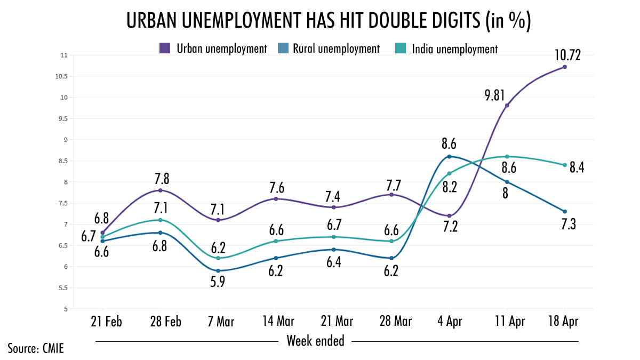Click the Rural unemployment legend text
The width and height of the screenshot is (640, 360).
tap(336, 49)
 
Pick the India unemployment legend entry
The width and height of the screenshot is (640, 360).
tap(455, 49)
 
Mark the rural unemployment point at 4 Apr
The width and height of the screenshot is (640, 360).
tap(450, 156)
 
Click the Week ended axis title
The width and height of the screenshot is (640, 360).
tap(316, 340)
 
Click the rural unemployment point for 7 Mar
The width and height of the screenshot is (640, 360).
tap(218, 271)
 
